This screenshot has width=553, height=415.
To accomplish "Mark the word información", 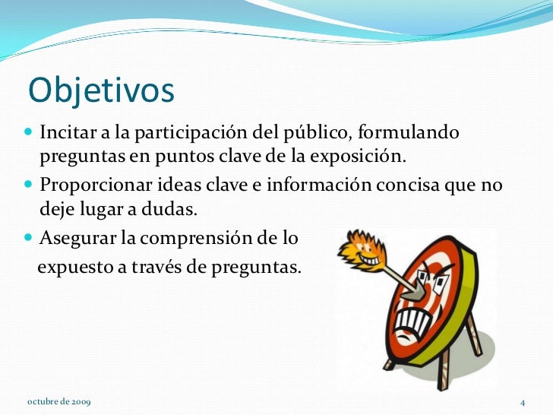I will click(x=322, y=186).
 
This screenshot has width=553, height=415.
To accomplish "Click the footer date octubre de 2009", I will click(x=56, y=401).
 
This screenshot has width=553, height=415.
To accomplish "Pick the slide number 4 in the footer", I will click(x=523, y=401).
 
